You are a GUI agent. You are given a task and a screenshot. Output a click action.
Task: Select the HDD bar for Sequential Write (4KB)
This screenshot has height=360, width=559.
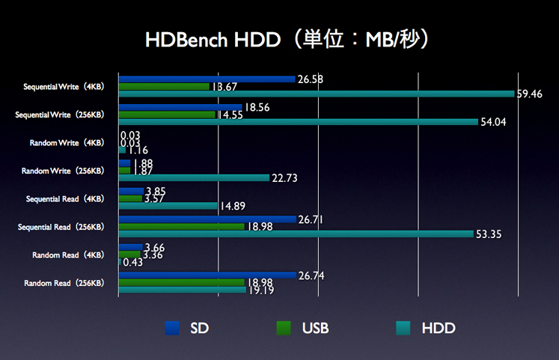coord(317,94)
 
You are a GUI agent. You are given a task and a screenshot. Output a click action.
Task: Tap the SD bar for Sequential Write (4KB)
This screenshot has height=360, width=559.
coord(207,79)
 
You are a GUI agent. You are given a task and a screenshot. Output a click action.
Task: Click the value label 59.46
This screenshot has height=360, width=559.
coord(530,94)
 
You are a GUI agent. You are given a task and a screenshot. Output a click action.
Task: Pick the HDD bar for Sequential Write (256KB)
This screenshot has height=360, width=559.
coord(298,122)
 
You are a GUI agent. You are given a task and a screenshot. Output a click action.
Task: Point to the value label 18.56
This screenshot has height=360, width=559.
coord(257,108)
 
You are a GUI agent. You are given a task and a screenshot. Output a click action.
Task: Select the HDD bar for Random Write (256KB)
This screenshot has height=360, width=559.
coord(194,178)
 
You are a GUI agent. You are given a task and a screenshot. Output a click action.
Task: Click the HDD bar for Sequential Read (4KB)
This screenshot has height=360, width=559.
coord(168,206)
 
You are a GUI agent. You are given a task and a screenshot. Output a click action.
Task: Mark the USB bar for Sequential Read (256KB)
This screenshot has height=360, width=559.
coord(181,227)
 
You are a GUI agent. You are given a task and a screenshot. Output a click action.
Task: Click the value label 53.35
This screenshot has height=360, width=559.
coord(489,234)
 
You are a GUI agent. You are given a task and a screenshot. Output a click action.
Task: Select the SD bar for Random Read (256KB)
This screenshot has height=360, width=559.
coord(207,275)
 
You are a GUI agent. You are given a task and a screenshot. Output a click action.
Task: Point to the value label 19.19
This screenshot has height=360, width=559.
coord(262,290)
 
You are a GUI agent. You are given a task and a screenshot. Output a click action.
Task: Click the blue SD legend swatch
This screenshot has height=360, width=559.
coord(172,328)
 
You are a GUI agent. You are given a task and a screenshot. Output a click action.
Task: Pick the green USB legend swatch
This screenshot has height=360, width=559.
coord(283,328)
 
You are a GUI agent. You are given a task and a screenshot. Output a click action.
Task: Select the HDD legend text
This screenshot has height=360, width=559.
coord(439,328)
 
